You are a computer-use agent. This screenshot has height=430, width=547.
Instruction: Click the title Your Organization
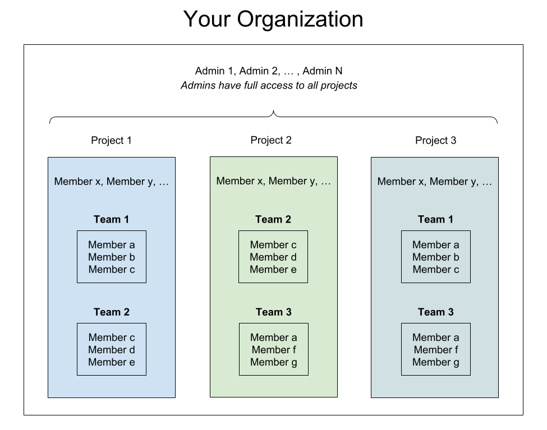click(x=273, y=19)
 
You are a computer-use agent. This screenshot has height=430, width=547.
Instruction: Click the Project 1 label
click(x=111, y=140)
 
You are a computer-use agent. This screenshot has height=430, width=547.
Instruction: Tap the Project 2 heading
click(x=271, y=140)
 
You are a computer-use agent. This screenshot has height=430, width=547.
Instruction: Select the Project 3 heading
click(x=436, y=140)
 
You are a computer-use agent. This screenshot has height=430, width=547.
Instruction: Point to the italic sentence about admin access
click(x=269, y=85)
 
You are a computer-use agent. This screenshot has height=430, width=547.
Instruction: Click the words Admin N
click(x=323, y=71)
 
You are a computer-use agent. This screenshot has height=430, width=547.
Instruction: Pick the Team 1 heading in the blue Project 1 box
click(x=111, y=219)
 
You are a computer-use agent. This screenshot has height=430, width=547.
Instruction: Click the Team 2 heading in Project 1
click(x=111, y=312)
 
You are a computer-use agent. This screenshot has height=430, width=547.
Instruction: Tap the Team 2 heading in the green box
click(x=273, y=219)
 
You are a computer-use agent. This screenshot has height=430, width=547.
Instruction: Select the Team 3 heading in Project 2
click(x=274, y=312)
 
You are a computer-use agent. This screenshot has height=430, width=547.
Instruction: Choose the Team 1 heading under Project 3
click(x=436, y=219)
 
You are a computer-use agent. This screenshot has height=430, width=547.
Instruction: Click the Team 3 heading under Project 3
click(x=436, y=312)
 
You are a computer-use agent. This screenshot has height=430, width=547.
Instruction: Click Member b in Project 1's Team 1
click(x=112, y=257)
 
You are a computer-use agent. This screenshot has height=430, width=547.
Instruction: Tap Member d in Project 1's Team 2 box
click(x=112, y=349)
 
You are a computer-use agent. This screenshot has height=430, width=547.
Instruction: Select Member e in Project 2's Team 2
click(x=273, y=269)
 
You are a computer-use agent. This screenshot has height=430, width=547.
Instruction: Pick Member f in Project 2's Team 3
click(x=274, y=349)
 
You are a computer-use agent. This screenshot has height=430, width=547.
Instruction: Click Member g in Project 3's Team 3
click(x=436, y=362)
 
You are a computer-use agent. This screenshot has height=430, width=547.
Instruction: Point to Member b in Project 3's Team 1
click(x=436, y=257)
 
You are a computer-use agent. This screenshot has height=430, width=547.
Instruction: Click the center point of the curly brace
click(x=274, y=111)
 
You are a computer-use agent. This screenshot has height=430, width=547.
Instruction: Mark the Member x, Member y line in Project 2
click(x=274, y=181)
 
